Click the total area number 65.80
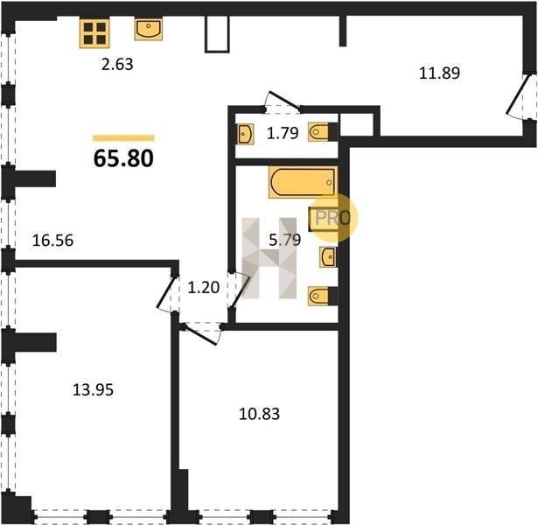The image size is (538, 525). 123,159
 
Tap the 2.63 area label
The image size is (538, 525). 117,64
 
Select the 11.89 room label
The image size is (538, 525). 439,73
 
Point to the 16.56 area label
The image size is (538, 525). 52,241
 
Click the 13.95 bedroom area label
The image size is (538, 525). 93,390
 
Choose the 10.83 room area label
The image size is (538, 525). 260,414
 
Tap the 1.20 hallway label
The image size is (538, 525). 204,287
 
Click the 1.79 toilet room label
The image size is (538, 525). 283,133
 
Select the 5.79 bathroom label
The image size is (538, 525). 285,240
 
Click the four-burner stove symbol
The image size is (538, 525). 94,33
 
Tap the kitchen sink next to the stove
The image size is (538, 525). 148,30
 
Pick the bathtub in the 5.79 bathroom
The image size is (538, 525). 303,182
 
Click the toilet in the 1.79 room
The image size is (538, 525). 323,132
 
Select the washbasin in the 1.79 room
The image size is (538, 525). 245,134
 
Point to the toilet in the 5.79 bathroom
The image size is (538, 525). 323,296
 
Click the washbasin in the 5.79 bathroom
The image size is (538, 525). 328,256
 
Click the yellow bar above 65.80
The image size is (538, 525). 123,138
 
